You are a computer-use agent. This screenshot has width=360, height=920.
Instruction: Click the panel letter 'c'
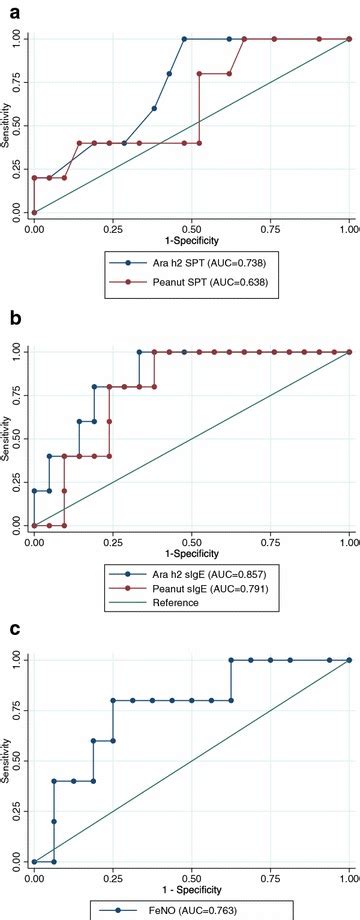click(9, 629)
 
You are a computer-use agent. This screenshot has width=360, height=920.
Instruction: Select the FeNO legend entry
click(190, 910)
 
